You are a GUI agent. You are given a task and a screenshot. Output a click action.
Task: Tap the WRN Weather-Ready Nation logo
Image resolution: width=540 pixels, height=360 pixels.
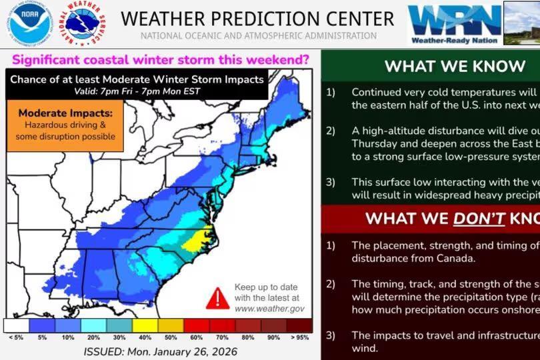[455, 23]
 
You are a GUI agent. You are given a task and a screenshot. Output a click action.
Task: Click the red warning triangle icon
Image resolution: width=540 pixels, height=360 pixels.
[217, 298]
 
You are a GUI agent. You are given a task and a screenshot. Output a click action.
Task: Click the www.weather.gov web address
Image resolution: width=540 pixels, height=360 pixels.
[269, 309]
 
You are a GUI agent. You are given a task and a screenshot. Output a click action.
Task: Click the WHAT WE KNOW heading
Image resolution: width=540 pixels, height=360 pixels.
[455, 66]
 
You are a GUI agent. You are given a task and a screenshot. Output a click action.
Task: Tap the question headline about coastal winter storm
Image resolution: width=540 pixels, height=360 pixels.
[158, 60]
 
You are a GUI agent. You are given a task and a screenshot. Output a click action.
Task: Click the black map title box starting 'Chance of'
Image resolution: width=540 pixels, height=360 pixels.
[137, 84]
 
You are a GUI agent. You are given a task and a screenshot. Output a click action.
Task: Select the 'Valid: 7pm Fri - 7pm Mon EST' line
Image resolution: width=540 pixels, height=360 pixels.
[137, 91]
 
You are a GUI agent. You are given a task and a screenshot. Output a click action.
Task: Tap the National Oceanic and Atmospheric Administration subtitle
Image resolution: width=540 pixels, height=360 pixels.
[258, 36]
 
